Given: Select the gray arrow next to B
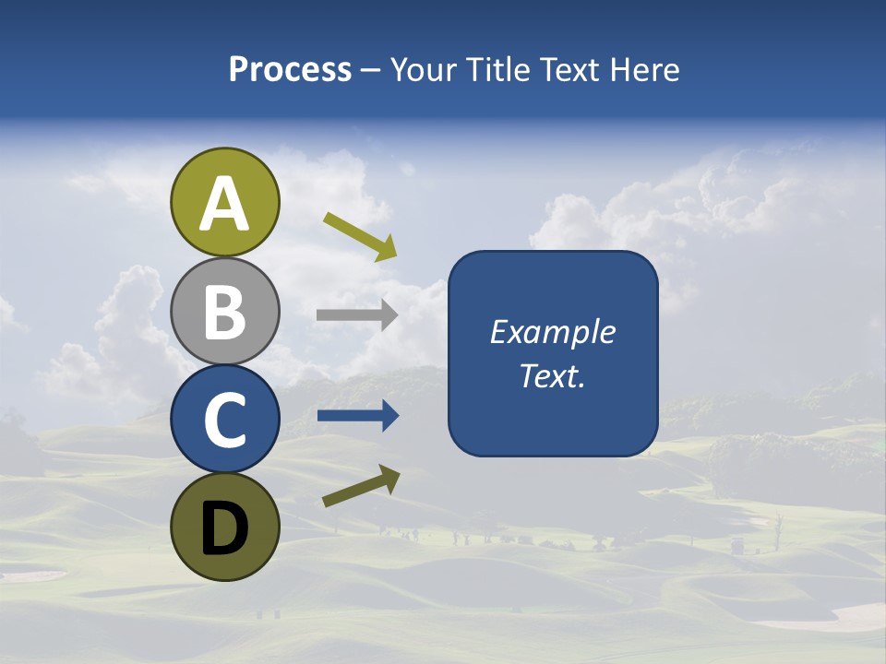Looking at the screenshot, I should [x=357, y=314].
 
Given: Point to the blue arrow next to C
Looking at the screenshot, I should [x=357, y=417].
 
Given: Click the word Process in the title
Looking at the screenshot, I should [x=290, y=70].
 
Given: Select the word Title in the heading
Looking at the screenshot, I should [x=498, y=70].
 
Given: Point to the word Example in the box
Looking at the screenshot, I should [x=552, y=332].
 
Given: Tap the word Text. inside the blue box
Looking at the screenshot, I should [x=552, y=375].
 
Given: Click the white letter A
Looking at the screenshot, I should [x=224, y=204].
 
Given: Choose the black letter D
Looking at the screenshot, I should [x=224, y=528].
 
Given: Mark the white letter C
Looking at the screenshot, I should [x=224, y=420].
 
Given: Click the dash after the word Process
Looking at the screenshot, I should [x=370, y=71].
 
